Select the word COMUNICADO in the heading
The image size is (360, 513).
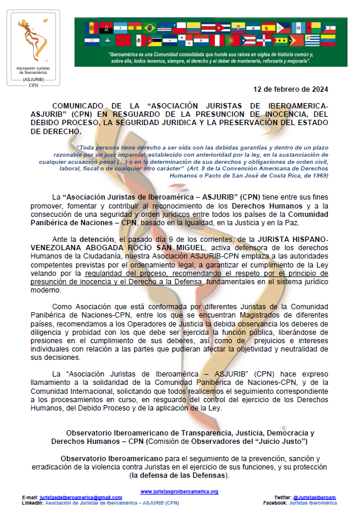pyautogui.click(x=77, y=105)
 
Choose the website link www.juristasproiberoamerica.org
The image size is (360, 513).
pyautogui.click(x=179, y=492)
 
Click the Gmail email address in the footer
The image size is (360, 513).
pyautogui.click(x=80, y=497)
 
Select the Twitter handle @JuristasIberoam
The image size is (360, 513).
pyautogui.click(x=314, y=497)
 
